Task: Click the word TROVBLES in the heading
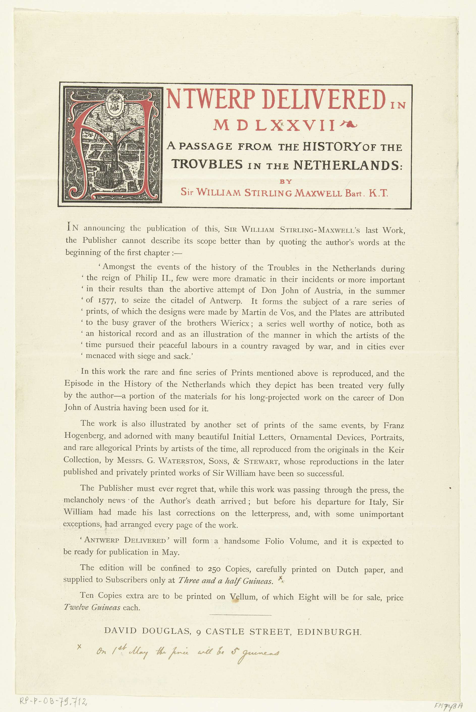[207, 164]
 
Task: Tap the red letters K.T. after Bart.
[378, 193]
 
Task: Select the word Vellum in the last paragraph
[243, 597]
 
